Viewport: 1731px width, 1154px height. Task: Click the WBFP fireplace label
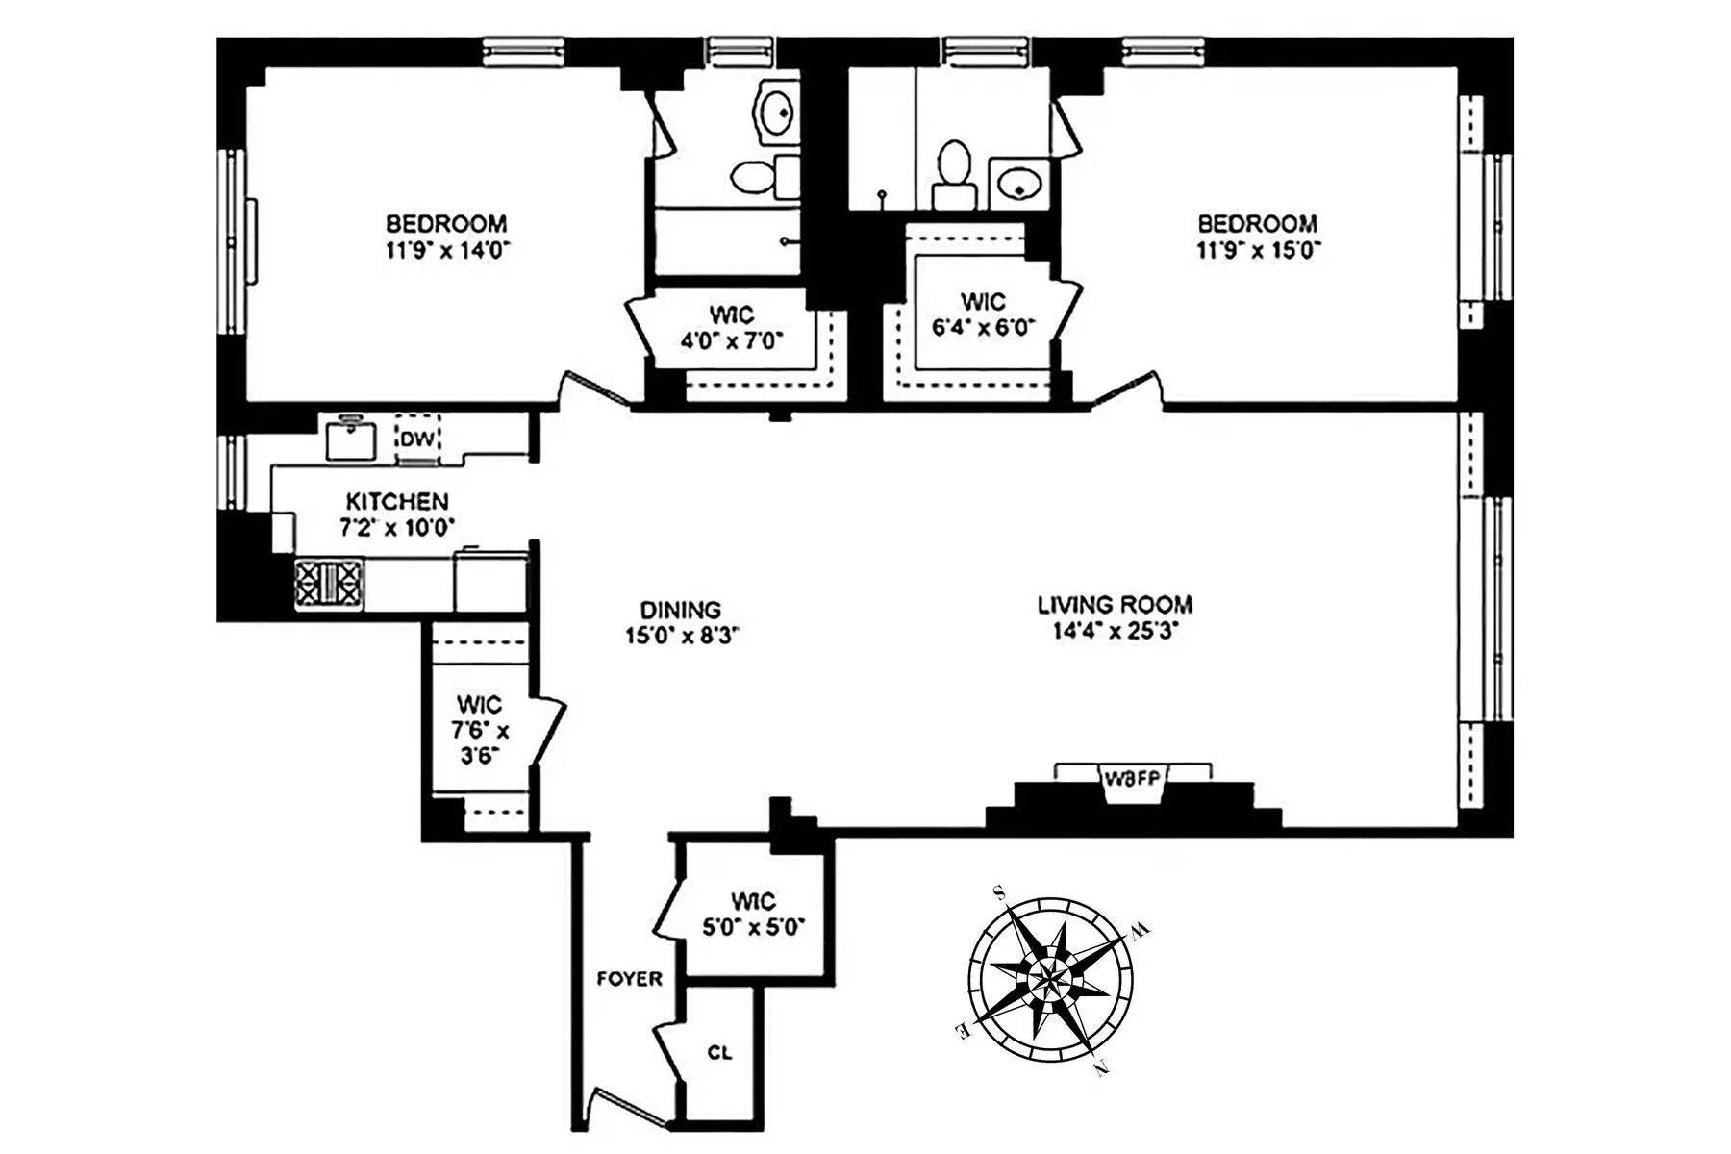(x=1133, y=779)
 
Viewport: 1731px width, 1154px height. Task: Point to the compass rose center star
(x=1050, y=978)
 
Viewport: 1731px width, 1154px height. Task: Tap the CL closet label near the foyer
(x=719, y=1053)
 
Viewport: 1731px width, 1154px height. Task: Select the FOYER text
(x=630, y=979)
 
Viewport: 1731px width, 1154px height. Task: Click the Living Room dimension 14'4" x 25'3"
(x=1115, y=632)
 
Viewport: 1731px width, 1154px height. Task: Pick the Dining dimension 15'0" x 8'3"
(x=681, y=636)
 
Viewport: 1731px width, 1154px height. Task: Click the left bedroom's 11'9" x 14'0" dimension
(x=446, y=250)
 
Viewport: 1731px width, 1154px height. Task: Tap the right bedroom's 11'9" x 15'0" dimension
(x=1258, y=250)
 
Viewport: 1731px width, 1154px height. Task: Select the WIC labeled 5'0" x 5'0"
(x=753, y=915)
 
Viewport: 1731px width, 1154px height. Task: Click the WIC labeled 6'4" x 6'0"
(x=983, y=314)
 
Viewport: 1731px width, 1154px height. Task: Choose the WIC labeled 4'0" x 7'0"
(x=732, y=328)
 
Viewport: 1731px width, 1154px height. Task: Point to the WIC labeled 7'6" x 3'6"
(x=479, y=730)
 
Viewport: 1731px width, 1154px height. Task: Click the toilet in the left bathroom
(x=757, y=177)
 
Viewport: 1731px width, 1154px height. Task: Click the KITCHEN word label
(x=396, y=501)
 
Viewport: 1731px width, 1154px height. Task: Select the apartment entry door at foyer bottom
(x=625, y=1106)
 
